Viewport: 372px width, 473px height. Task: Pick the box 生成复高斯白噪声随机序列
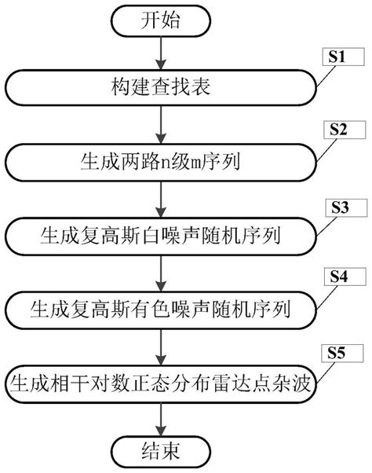coord(162,235)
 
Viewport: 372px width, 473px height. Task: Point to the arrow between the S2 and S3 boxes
coord(162,198)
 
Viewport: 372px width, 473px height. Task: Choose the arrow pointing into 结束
coord(162,417)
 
